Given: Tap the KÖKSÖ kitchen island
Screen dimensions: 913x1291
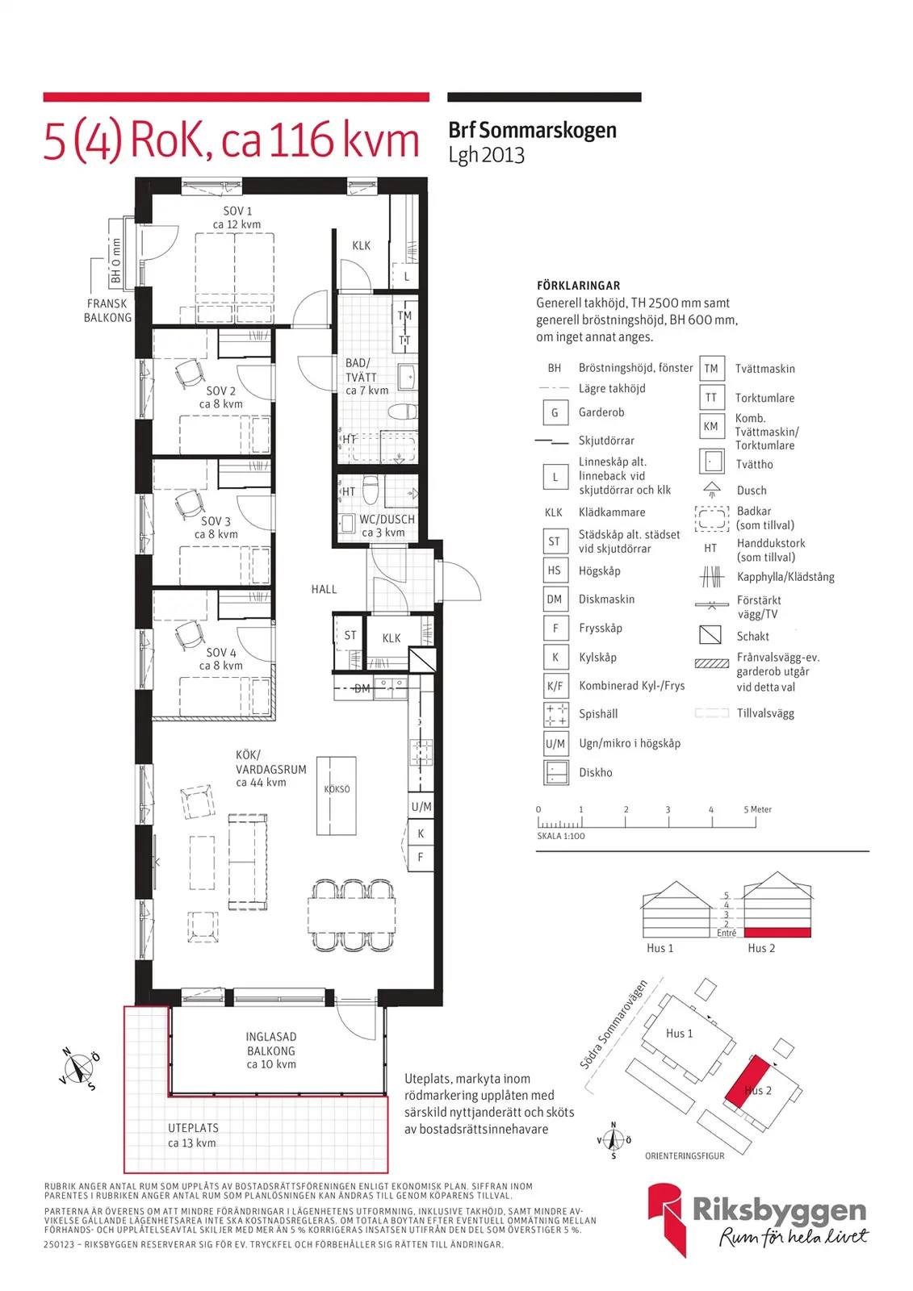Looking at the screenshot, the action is (x=337, y=796).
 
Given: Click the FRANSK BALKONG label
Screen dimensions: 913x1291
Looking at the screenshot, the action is (x=108, y=311).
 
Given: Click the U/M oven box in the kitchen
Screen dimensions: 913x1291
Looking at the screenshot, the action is (x=421, y=807).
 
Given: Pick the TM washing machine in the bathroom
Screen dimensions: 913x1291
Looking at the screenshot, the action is (x=405, y=315).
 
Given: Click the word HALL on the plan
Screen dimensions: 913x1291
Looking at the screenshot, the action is (x=325, y=589).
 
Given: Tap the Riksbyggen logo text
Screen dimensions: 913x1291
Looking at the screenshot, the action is (x=779, y=1211).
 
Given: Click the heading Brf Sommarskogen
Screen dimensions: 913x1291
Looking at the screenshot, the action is (x=532, y=130).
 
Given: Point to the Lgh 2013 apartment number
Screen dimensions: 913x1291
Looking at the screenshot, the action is (x=487, y=155).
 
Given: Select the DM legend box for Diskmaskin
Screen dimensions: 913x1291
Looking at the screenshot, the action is (x=555, y=600).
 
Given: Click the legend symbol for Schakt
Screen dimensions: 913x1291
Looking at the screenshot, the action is (x=710, y=634).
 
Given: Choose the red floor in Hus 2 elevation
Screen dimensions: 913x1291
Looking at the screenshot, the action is (x=777, y=933).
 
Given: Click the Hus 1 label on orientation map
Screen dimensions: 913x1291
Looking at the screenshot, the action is (x=680, y=1034).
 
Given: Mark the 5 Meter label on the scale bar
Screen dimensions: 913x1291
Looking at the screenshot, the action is (x=757, y=809).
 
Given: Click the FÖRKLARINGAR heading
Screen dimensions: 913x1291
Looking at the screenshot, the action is (x=579, y=286).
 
